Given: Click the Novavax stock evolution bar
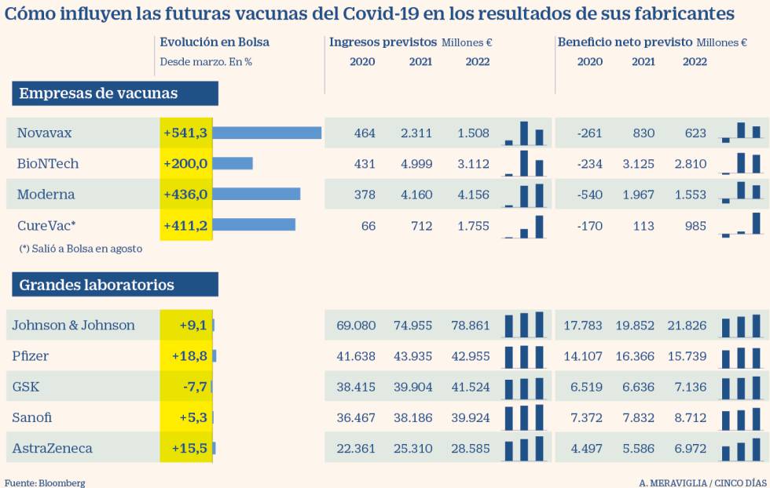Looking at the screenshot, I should point(267,133).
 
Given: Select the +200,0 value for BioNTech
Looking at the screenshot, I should point(185,164).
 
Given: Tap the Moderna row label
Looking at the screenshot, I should point(46,195).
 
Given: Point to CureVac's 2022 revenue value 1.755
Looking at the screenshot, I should point(472,226).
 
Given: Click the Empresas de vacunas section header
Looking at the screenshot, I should point(115,93).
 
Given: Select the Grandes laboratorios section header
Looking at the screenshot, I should point(115,285).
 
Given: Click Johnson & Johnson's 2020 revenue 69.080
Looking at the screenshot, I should point(356,326).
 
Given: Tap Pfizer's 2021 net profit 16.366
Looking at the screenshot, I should point(634,356).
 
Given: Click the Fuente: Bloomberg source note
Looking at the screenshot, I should point(45,483).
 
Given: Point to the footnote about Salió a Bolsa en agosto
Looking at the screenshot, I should point(81,248).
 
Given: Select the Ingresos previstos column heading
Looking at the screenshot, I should point(383,42).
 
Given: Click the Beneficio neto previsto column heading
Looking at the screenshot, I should point(625,42).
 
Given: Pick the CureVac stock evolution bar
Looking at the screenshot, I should point(254,225).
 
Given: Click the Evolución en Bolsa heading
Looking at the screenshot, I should point(214,42).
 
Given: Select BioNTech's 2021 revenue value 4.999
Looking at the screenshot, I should point(416,164).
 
